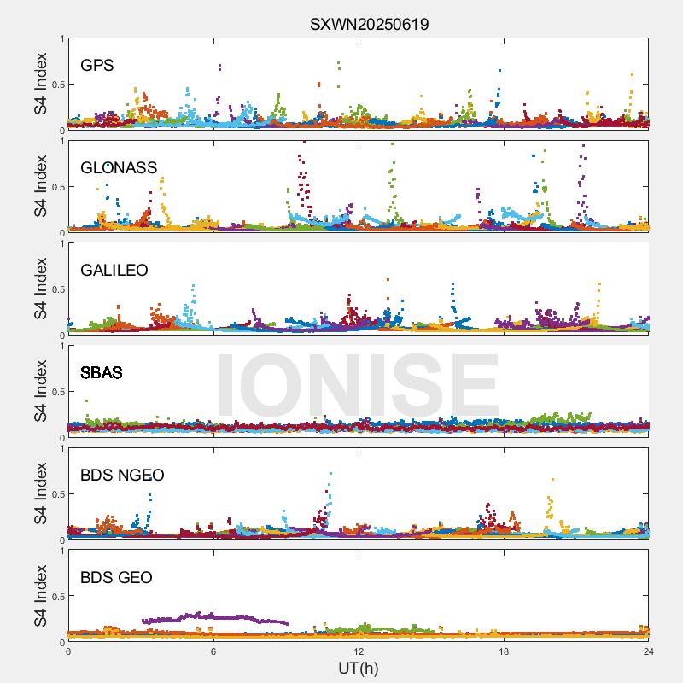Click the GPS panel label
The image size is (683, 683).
(x=96, y=65)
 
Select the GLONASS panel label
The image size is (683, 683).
(x=119, y=167)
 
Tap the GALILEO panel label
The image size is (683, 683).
(x=114, y=270)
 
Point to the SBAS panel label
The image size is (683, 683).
(x=101, y=372)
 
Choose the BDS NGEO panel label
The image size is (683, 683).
(x=122, y=476)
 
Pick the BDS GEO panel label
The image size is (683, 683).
(x=116, y=578)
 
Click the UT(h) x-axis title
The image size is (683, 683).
(x=358, y=667)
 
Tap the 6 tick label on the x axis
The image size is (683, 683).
(x=213, y=651)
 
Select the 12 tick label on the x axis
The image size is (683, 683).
(x=359, y=651)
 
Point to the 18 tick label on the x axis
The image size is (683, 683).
(x=504, y=651)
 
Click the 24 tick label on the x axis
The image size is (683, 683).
(x=648, y=651)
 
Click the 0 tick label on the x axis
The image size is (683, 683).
(x=68, y=651)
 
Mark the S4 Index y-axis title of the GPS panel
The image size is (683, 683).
(x=41, y=84)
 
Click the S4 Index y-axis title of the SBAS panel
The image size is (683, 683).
(x=41, y=391)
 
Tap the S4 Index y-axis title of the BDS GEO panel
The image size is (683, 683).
(x=41, y=596)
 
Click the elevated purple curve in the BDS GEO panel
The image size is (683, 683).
(x=213, y=616)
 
